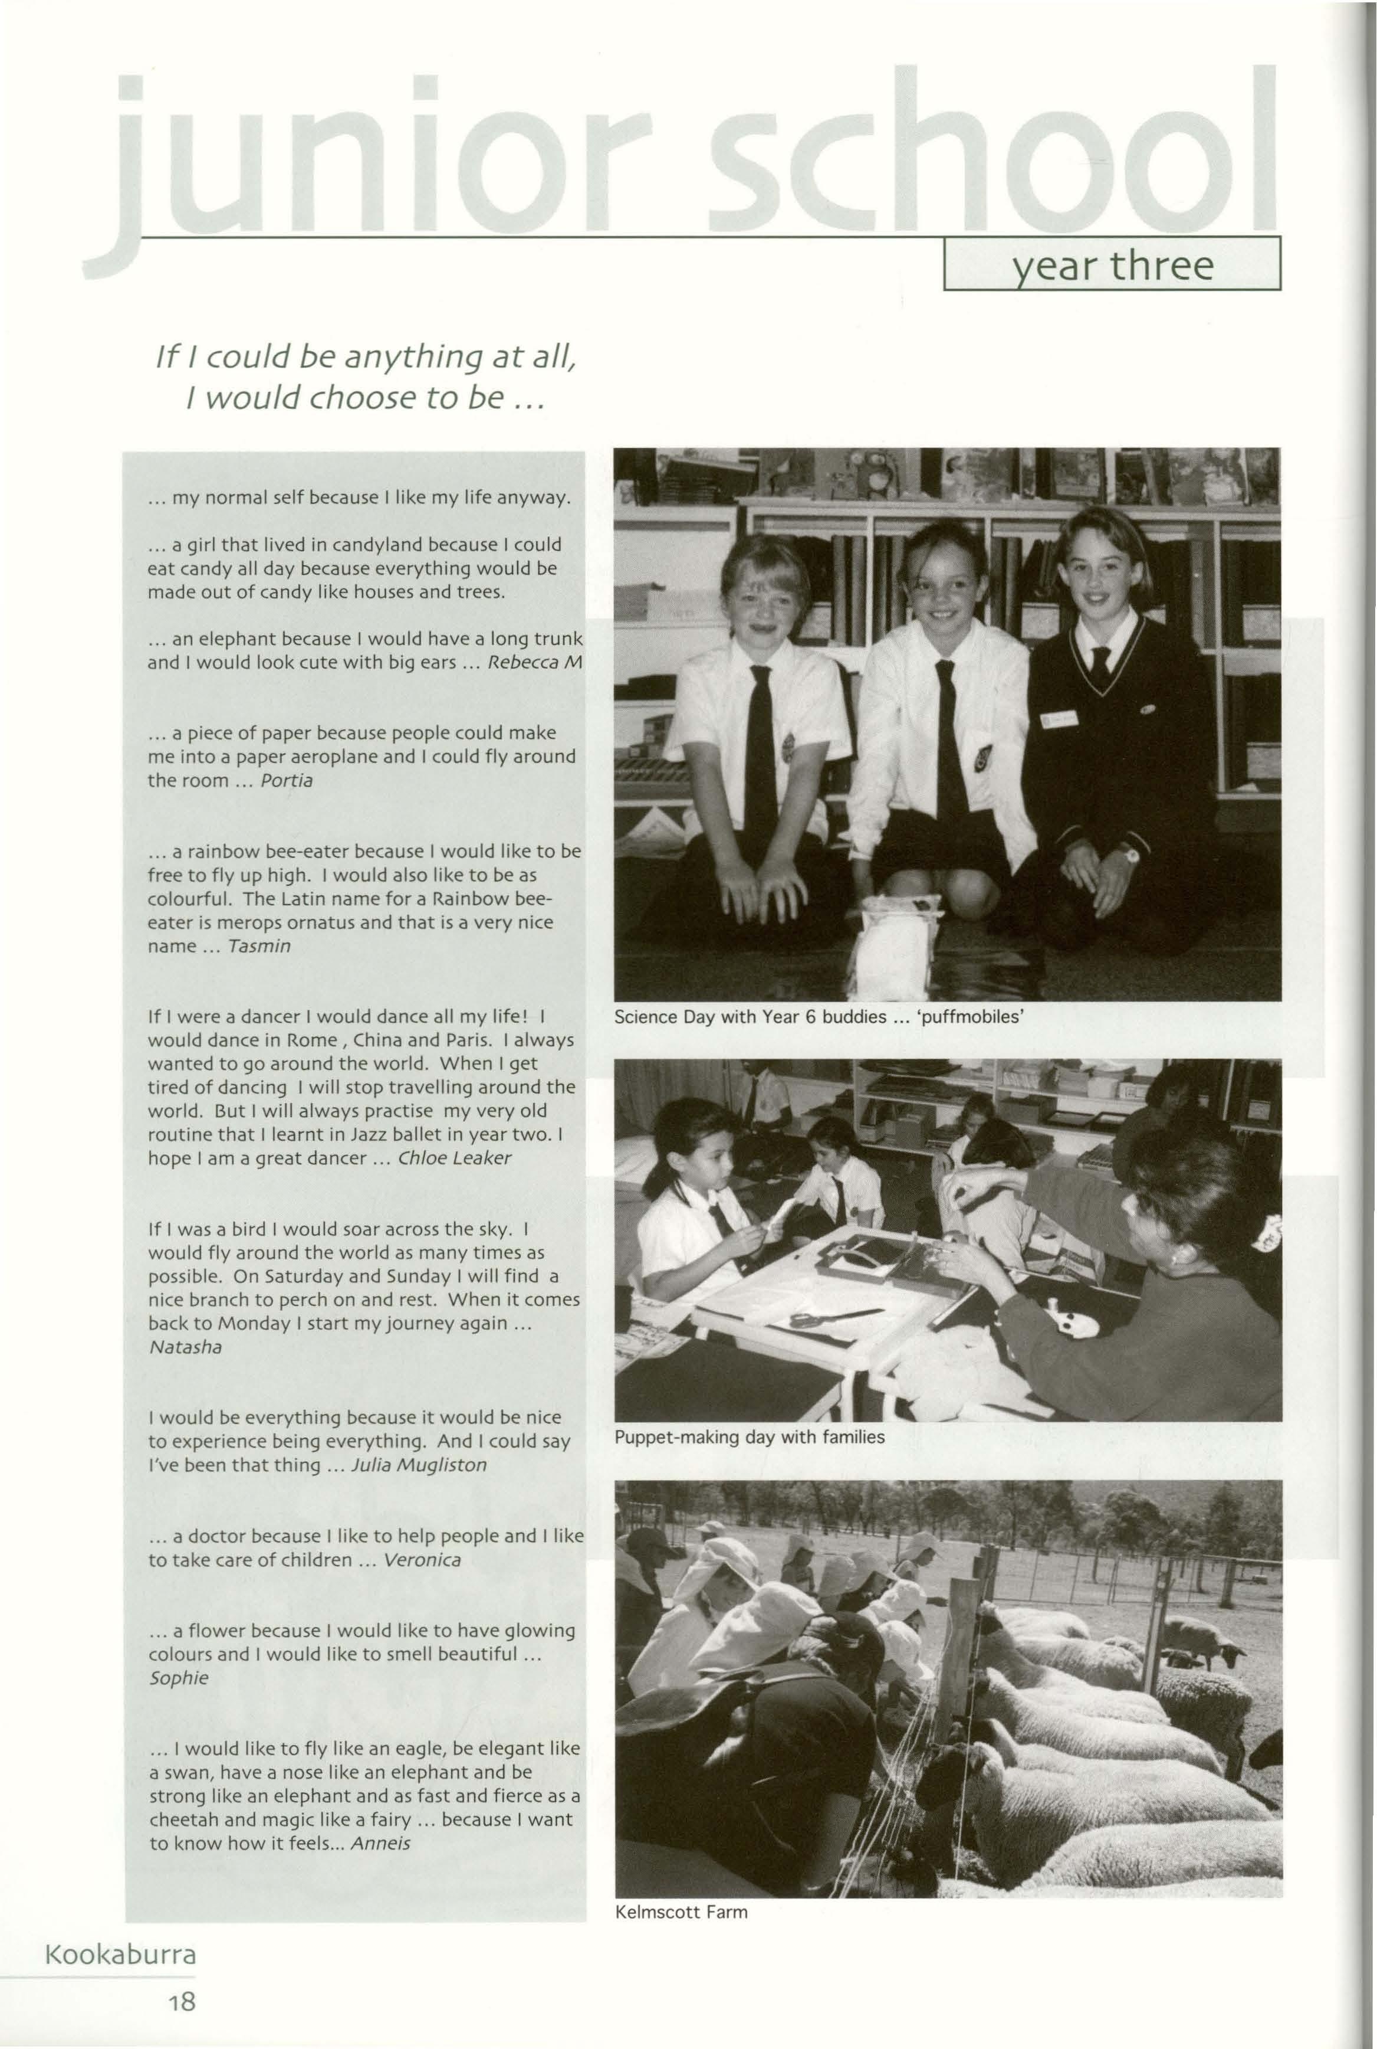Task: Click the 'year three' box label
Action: pyautogui.click(x=1113, y=264)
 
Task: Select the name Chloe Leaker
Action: pyautogui.click(x=454, y=1157)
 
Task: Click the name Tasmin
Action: pyautogui.click(x=258, y=945)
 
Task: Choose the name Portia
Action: pyautogui.click(x=286, y=780)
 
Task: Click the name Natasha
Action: pyautogui.click(x=185, y=1346)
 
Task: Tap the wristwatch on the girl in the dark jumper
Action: pyautogui.click(x=1128, y=853)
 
